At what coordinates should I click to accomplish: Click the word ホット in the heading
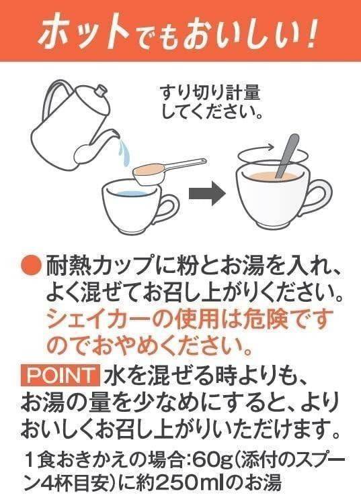(x=85, y=31)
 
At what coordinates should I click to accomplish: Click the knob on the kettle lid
(x=102, y=91)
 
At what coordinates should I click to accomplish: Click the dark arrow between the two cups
(x=207, y=194)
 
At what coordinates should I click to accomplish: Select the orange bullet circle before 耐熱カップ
(x=31, y=265)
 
